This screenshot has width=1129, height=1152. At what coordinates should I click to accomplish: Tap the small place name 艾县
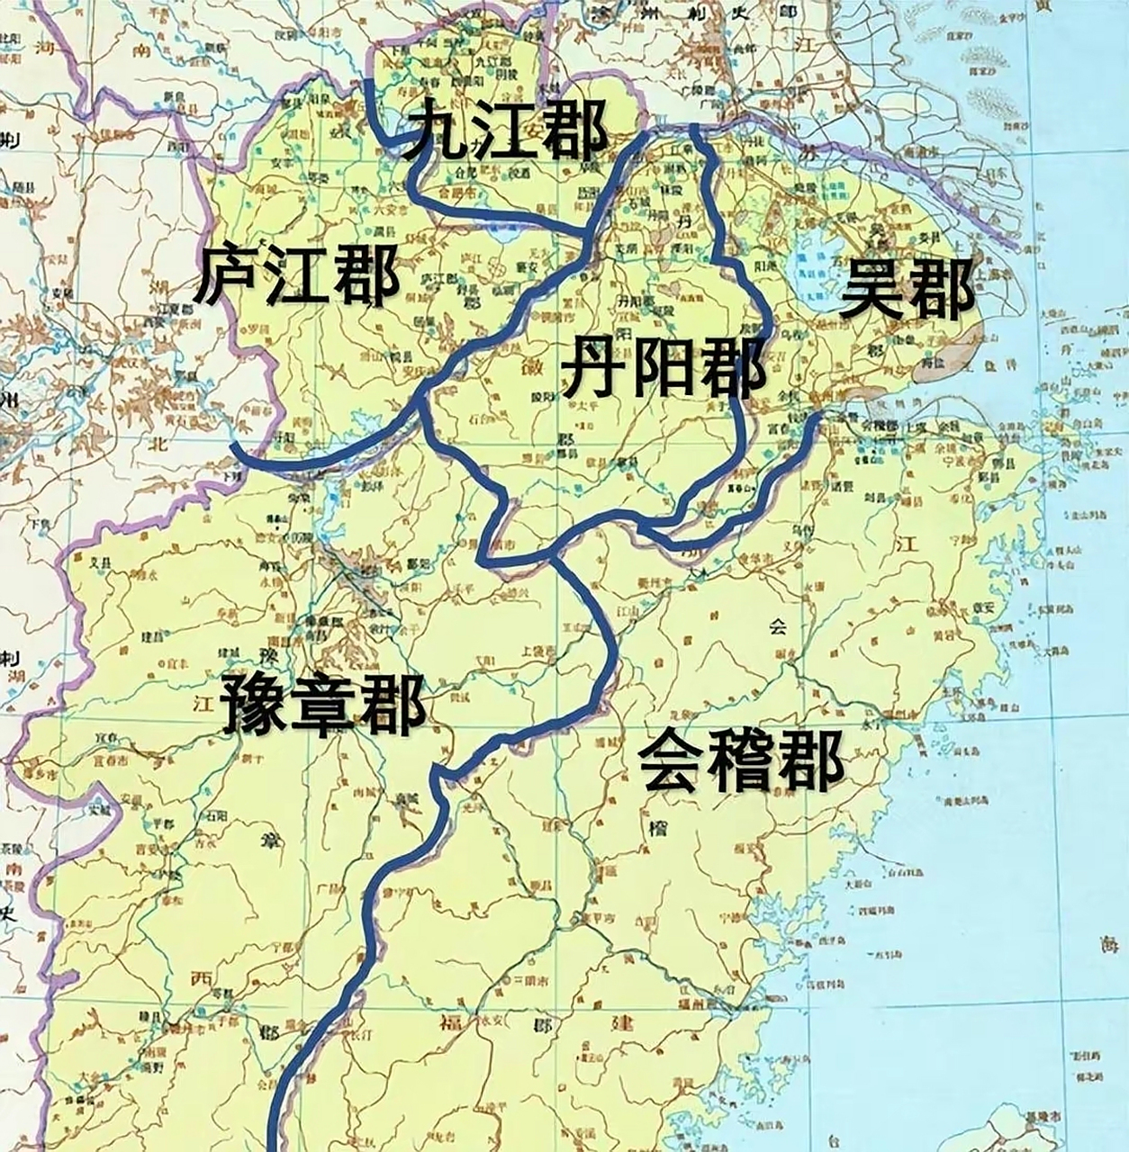(105, 559)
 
